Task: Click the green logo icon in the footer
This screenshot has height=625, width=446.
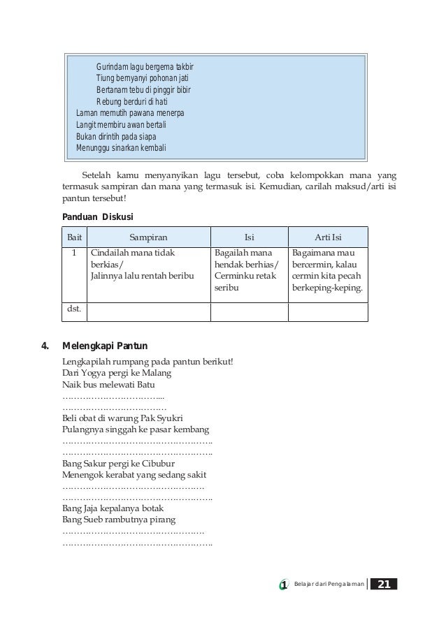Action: pos(283,584)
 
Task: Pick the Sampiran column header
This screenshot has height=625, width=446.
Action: pos(148,237)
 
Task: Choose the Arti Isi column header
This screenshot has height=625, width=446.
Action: pos(328,237)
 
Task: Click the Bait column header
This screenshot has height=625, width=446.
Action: pos(73,237)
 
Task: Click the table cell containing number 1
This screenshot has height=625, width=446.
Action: pos(73,253)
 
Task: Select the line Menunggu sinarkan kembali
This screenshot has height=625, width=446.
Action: pos(121,148)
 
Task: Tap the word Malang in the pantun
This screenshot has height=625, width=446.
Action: pos(156,374)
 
